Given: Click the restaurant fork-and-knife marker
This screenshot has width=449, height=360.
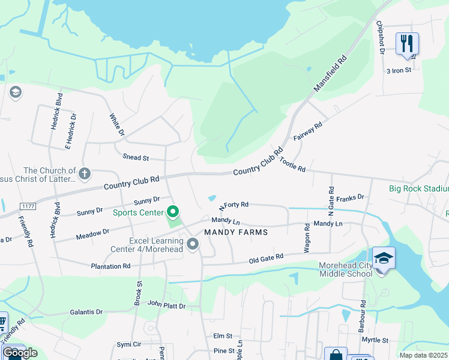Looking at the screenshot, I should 407,43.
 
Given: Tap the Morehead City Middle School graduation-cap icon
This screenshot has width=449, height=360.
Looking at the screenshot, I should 384,258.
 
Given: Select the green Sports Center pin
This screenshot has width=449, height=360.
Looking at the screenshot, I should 173,212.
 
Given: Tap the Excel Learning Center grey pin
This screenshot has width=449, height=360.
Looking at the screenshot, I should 193,244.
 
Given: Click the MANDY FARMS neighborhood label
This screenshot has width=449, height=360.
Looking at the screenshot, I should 235,232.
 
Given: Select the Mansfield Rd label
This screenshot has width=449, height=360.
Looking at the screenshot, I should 331,74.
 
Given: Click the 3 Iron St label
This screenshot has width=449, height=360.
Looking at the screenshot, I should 399,70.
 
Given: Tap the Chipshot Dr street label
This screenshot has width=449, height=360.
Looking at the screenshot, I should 381,37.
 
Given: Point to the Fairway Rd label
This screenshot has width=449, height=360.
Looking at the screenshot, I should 308,132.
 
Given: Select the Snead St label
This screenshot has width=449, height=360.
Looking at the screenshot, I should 136,158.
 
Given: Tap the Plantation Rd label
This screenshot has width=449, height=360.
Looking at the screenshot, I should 110,266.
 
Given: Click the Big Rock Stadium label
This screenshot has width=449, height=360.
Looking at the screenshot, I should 418,188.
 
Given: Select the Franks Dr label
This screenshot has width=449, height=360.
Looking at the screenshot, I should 351,197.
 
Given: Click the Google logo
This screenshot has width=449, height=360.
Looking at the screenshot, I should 20,353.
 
